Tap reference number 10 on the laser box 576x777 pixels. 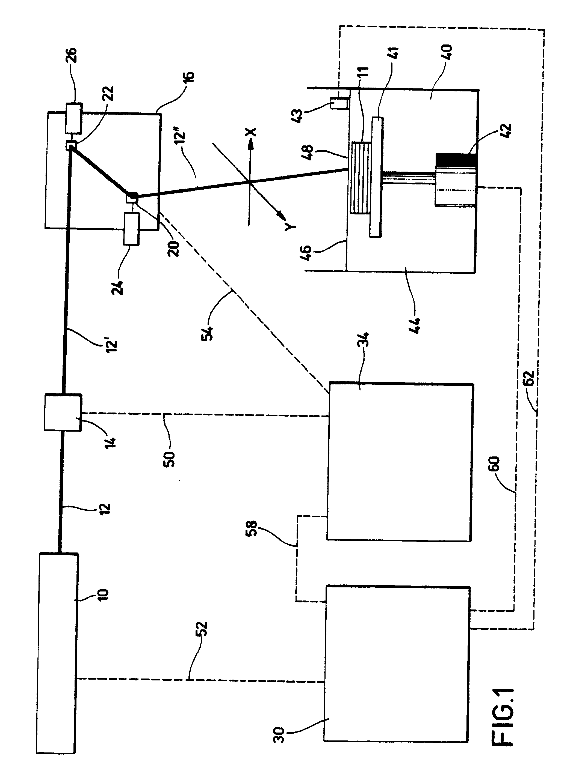click(x=104, y=594)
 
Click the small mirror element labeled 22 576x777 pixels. click(x=70, y=145)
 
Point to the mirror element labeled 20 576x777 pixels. click(x=132, y=199)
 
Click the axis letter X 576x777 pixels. click(x=251, y=132)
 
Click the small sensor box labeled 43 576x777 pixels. click(x=339, y=103)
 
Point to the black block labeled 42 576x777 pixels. click(x=456, y=160)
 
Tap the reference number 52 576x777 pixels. click(x=202, y=629)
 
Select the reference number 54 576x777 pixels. click(x=208, y=333)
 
